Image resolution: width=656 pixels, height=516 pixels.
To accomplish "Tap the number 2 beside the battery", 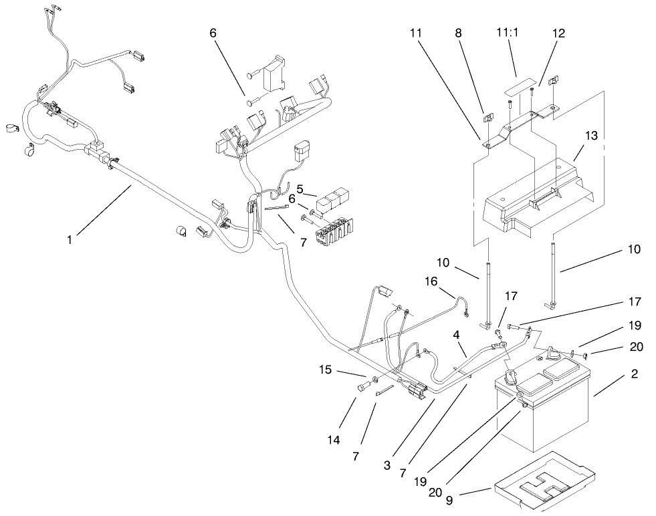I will pyautogui.click(x=633, y=374).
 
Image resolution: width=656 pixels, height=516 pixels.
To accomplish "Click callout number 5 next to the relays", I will pyautogui.click(x=301, y=189).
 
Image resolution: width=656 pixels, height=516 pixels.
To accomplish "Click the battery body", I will pyautogui.click(x=542, y=414).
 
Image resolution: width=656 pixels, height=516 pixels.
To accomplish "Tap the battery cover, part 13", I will pyautogui.click(x=535, y=194).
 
